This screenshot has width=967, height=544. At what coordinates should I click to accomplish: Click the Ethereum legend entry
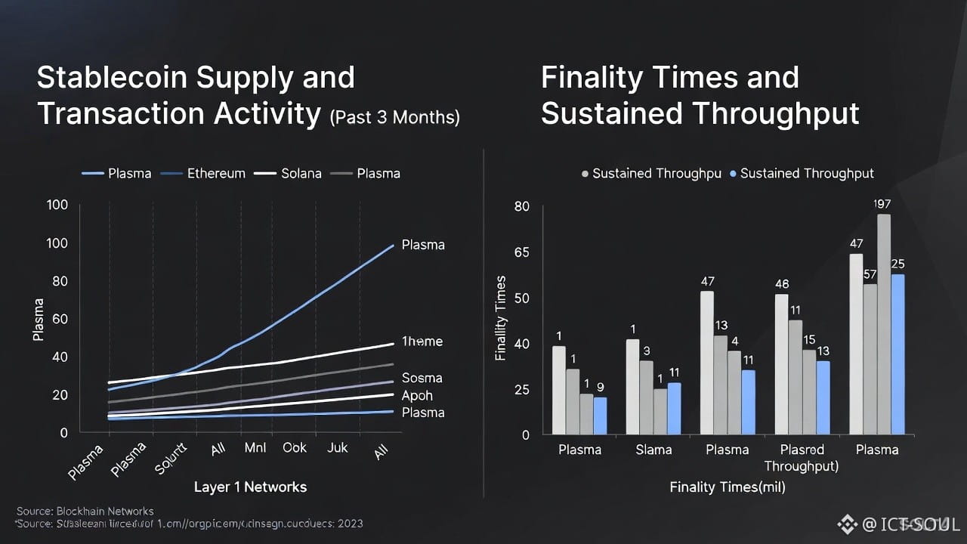coord(216,173)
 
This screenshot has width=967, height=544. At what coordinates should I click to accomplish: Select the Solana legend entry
coord(301,173)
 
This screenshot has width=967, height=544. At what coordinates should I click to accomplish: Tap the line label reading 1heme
coord(422,342)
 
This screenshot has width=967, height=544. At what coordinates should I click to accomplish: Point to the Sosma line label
coord(422,378)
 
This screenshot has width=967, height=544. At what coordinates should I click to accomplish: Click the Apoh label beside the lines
coord(417,395)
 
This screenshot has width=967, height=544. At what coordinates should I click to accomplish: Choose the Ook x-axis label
coord(295,447)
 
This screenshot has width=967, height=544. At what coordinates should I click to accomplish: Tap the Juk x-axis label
coord(337,447)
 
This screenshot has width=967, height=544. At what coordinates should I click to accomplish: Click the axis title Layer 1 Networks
coord(250,487)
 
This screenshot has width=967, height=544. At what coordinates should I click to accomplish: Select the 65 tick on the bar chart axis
coord(521,252)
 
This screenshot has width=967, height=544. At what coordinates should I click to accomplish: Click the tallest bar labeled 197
coord(883,325)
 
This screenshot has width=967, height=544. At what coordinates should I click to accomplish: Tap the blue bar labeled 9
coord(600,416)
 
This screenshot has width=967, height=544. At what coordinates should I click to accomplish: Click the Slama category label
coord(653,450)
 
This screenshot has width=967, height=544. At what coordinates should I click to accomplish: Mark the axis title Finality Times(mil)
coord(728,487)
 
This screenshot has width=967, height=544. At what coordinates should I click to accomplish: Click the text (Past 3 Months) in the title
coord(394,117)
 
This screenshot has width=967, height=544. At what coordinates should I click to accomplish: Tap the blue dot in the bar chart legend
coord(733,174)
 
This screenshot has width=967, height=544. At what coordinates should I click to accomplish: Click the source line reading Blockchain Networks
coord(85,511)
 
